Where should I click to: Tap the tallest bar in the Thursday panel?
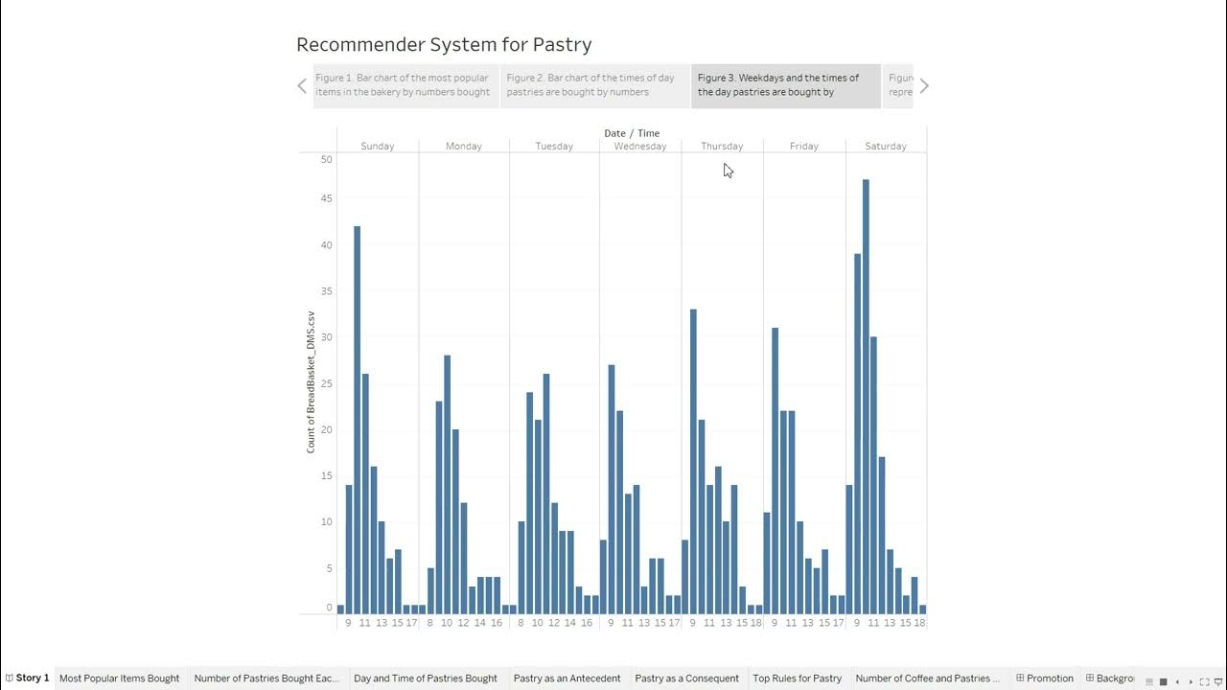(693, 461)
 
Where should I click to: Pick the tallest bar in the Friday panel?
(775, 470)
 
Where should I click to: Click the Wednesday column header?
(640, 147)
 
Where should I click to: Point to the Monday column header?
(464, 147)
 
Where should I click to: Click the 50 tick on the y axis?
(327, 159)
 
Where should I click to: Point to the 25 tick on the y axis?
(327, 383)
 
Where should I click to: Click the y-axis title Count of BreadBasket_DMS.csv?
(311, 381)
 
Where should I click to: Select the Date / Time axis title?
(632, 133)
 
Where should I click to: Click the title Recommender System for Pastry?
(444, 45)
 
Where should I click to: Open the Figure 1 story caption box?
(405, 85)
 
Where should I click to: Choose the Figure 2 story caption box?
(594, 85)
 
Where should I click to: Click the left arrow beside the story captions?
(302, 86)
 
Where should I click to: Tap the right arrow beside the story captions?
(924, 86)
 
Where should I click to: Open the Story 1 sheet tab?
(28, 678)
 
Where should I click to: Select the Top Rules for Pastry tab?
(797, 678)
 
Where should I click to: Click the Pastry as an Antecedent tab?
(567, 678)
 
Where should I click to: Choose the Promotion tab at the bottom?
(1045, 678)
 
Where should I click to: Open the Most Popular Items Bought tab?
(119, 678)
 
